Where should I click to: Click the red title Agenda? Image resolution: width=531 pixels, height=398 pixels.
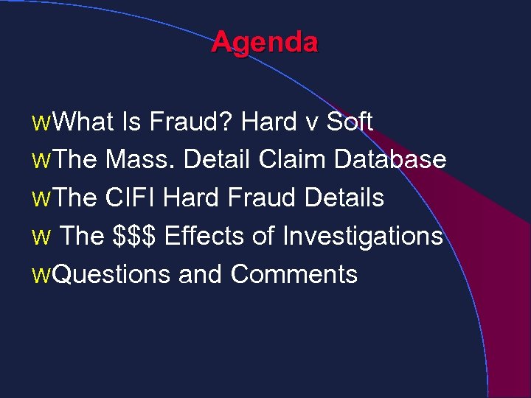pos(265,42)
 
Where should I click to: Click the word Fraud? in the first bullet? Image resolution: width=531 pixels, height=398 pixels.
pos(192,122)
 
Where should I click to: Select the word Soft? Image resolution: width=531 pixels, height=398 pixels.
pos(350,122)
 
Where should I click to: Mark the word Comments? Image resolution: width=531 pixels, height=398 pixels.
pos(294,274)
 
